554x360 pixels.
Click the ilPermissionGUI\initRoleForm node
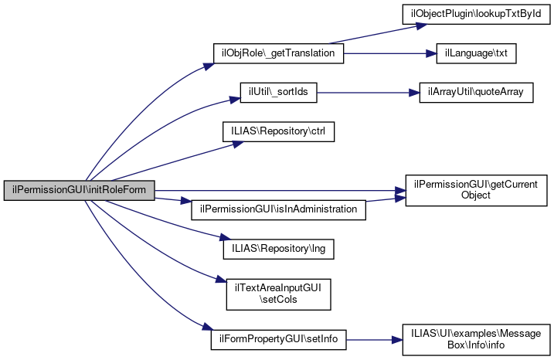click(80, 190)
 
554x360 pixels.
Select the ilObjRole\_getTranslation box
click(278, 53)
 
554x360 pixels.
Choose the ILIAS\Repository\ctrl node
click(278, 131)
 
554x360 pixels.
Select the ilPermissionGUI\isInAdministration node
click(278, 209)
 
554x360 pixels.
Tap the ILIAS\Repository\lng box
click(278, 249)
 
